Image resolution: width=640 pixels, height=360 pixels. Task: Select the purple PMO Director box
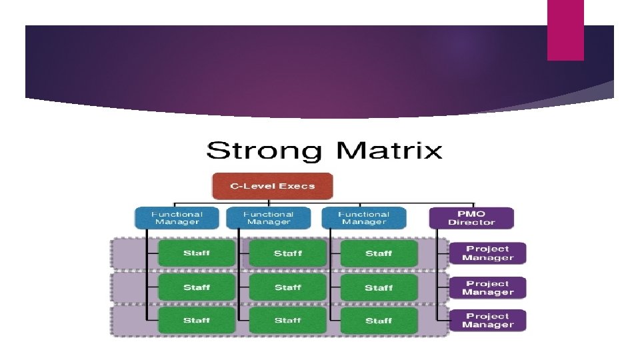(x=471, y=218)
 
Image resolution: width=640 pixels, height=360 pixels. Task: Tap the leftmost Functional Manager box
(x=177, y=218)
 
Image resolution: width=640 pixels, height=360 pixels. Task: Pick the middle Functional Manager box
(x=268, y=218)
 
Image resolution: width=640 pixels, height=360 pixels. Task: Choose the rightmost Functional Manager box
(x=364, y=218)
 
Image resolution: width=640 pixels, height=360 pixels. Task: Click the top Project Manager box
(x=488, y=253)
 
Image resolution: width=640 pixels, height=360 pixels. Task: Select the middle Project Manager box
(x=488, y=288)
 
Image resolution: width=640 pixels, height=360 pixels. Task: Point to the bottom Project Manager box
(x=488, y=321)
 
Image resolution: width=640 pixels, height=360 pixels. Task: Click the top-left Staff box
(x=197, y=253)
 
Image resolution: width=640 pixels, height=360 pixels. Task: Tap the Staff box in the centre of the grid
(x=287, y=287)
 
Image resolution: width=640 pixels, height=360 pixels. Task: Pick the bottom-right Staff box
(x=379, y=321)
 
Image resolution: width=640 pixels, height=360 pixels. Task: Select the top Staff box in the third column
(x=379, y=253)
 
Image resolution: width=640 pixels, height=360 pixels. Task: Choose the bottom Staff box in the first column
(x=197, y=321)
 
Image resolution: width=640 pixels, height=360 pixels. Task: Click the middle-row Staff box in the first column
(x=197, y=287)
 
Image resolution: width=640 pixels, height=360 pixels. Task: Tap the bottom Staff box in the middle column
(x=287, y=321)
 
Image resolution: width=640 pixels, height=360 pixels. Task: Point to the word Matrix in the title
(x=389, y=150)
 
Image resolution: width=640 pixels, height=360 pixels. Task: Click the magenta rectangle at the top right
(x=565, y=30)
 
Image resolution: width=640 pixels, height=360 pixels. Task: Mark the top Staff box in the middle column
(x=287, y=253)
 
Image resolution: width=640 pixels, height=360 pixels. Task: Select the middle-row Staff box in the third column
(x=379, y=287)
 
